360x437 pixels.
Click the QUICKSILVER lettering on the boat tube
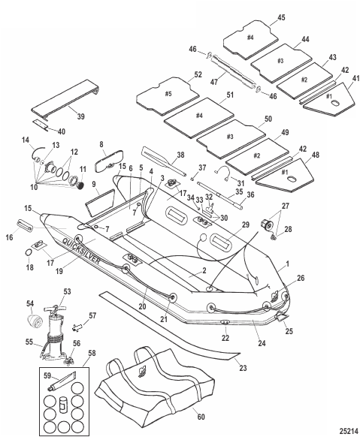coord(81,251)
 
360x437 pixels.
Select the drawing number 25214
coord(349,430)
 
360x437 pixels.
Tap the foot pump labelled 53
coord(55,333)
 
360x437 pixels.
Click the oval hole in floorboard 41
coord(334,104)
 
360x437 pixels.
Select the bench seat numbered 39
coord(65,101)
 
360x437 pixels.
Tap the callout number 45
coord(281,17)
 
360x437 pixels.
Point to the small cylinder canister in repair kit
coord(63,405)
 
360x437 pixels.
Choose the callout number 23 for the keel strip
coord(243,368)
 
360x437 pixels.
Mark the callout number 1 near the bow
coord(288,264)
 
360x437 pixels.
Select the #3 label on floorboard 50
coord(230,137)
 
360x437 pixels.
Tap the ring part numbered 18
coord(29,252)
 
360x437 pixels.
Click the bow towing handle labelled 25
coord(281,317)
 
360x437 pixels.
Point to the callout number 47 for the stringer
coord(214,82)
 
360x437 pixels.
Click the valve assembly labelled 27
coord(266,224)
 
